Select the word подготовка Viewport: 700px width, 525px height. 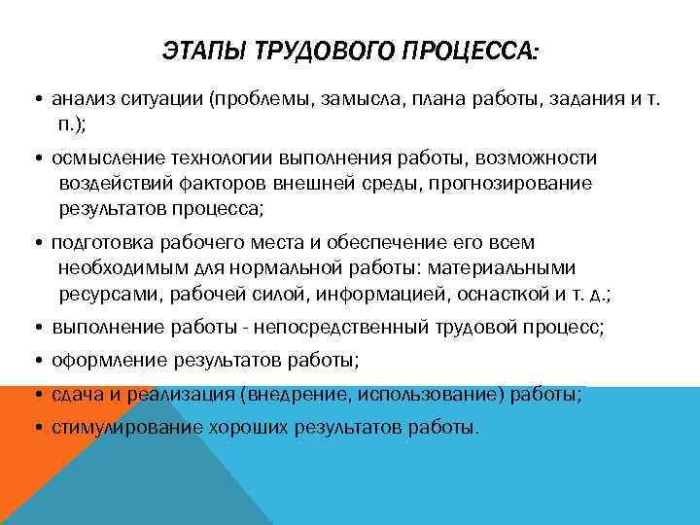98,242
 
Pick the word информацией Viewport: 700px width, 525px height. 366,293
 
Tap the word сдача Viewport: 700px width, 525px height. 74,394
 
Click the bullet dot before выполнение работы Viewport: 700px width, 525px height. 35,329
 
